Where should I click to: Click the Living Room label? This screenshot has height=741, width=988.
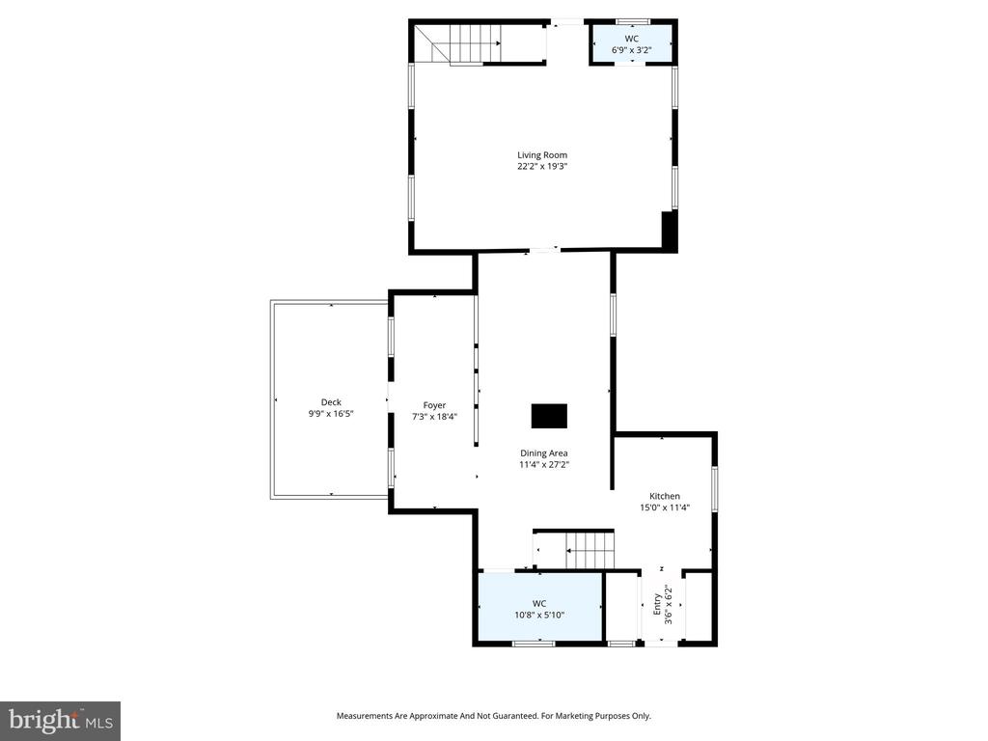pos(541,154)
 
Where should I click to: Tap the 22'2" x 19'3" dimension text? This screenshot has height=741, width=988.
pos(541,166)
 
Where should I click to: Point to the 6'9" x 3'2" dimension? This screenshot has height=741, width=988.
pos(632,50)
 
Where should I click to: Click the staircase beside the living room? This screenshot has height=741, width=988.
pos(470,43)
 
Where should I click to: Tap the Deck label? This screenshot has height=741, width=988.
pos(331,402)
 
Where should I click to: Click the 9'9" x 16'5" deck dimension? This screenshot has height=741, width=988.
pos(331,414)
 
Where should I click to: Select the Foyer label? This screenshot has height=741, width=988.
pos(434,405)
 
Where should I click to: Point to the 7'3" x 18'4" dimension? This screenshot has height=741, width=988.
pos(434,417)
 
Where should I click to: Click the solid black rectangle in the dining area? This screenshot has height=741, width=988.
pos(549,416)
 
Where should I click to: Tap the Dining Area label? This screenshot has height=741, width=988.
pos(544,453)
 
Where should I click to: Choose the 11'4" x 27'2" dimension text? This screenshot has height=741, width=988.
pos(544,464)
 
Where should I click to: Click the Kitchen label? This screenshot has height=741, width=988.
pos(664,496)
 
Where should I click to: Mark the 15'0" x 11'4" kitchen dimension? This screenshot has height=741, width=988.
pos(664,508)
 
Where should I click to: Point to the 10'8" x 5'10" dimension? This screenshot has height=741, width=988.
pos(538,615)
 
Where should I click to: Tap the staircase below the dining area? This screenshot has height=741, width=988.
pos(588,550)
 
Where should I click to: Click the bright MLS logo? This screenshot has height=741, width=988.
pos(60,720)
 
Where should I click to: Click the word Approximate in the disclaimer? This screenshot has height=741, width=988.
pos(437,716)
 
